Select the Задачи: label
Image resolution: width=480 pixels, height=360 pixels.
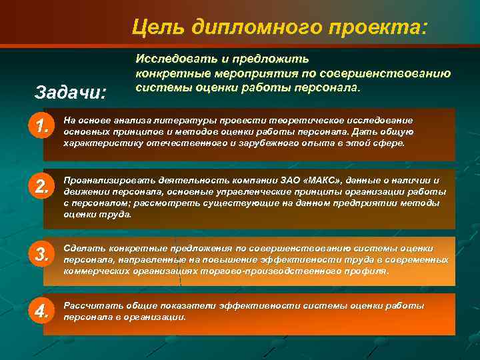70,91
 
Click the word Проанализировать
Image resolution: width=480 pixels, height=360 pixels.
103,181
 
